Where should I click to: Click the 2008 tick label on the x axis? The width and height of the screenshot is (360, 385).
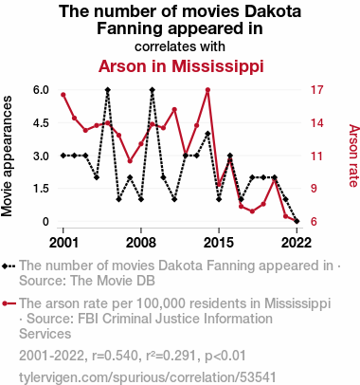point(141,243)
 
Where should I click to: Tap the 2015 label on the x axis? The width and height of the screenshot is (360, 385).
point(219,243)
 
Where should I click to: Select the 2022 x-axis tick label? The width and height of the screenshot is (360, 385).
point(297,243)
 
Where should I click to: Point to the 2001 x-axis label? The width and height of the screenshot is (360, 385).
point(63,243)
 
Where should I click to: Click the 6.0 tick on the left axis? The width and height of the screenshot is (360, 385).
point(41,90)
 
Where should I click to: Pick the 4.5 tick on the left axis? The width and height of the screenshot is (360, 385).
point(41,122)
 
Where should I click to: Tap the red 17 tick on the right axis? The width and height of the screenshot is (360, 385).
point(316,90)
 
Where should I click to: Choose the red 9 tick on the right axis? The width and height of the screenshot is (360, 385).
point(314,189)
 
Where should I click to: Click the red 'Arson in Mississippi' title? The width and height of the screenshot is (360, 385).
point(181,66)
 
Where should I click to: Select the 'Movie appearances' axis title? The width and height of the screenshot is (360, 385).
point(7,156)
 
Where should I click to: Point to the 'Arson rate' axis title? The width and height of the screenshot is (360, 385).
point(353,156)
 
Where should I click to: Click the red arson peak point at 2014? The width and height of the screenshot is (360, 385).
point(207,90)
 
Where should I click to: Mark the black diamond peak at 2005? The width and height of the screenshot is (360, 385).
point(108,90)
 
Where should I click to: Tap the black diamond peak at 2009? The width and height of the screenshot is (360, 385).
point(153,90)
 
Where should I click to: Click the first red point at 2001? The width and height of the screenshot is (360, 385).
point(63,95)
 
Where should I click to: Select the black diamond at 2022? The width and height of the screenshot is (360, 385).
point(297,221)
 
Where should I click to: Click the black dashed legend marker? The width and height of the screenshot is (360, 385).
point(9,266)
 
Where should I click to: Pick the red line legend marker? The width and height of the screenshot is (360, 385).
point(9,303)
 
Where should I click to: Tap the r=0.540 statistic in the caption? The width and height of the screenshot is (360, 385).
point(115,356)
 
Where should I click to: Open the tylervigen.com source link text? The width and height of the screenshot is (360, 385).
point(148,377)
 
